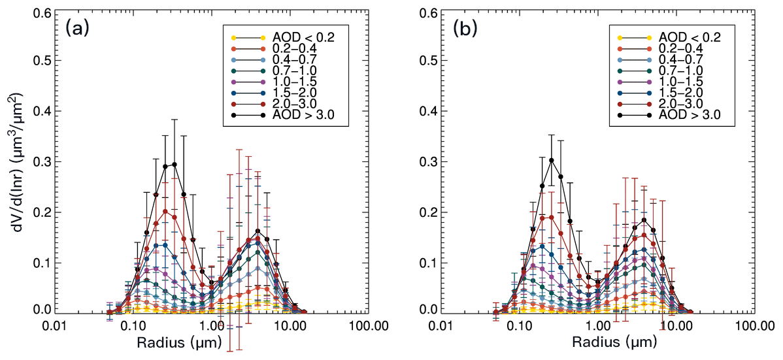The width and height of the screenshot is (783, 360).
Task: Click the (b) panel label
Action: point(466,29)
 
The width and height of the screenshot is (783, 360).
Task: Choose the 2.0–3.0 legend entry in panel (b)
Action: point(682,104)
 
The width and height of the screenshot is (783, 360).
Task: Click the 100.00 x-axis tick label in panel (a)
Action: point(368,325)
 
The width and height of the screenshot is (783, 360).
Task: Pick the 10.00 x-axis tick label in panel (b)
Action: point(676,325)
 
